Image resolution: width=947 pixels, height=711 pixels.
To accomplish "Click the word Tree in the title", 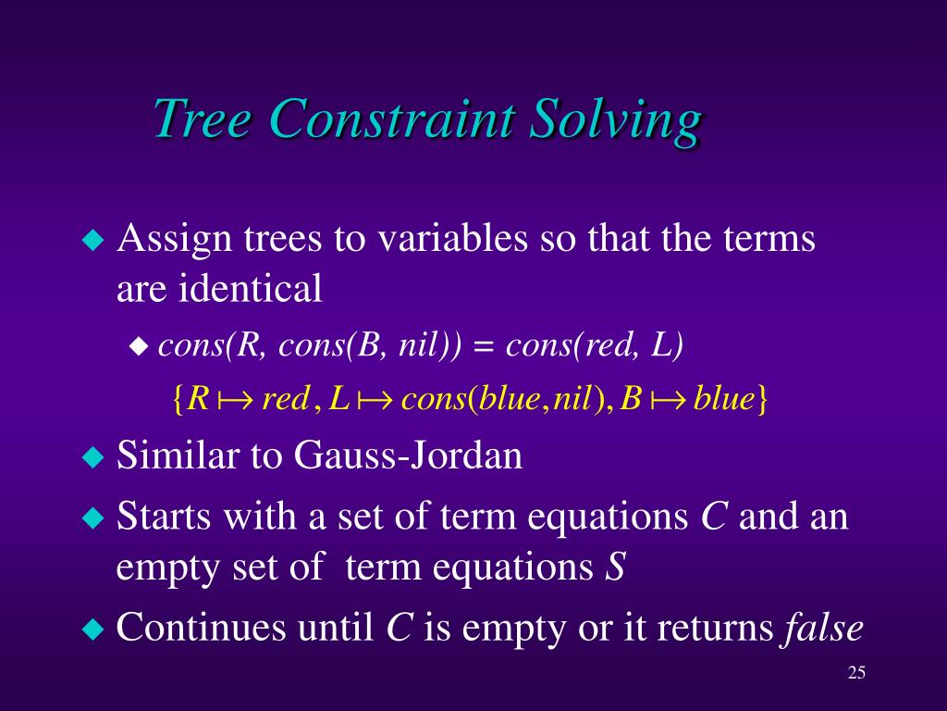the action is [203, 118].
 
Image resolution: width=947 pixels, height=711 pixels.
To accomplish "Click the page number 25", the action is [856, 673].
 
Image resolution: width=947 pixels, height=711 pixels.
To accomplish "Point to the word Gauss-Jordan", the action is [408, 455].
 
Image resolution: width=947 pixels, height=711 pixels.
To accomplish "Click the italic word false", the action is [823, 627].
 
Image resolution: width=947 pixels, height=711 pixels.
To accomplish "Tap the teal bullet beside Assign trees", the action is [92, 240].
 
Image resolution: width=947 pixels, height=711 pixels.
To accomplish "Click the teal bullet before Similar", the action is [92, 456].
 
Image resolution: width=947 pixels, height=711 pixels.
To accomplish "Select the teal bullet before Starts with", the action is [92, 518].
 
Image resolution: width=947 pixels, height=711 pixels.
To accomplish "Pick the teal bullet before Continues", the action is [92, 629].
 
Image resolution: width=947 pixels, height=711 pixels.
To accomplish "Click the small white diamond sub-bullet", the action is [139, 347].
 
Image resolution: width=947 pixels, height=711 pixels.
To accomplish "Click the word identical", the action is [251, 288].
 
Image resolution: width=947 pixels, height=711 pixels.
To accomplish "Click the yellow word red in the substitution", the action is [286, 399].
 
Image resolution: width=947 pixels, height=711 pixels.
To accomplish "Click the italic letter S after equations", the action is [615, 568].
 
